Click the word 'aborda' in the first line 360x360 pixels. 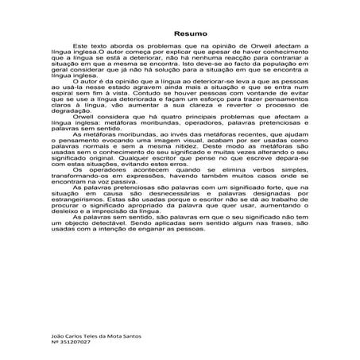122,48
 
